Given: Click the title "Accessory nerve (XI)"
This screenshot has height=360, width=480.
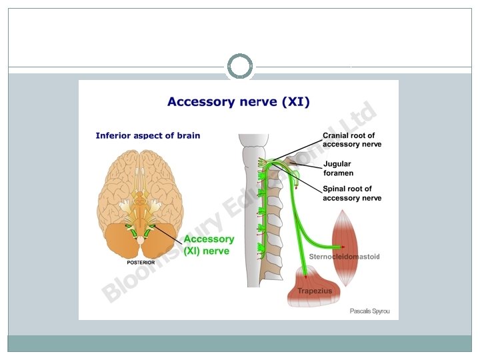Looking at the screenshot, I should tap(238, 102).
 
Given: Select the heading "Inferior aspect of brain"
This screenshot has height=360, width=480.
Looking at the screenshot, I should tap(147, 135).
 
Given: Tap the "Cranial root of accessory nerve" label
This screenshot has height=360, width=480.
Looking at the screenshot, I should tap(351, 140).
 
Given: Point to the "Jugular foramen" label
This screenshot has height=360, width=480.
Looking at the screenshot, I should tap(337, 168).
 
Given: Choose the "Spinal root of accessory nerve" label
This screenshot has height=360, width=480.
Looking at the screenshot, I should tap(351, 193).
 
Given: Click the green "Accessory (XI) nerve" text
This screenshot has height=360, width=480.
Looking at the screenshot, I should tap(209, 245).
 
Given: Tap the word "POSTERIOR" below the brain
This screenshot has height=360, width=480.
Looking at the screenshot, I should tap(141, 263).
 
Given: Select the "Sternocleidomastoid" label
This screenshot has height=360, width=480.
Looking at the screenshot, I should tap(344, 257).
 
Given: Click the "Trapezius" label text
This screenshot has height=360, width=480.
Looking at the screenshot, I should tap(315, 291).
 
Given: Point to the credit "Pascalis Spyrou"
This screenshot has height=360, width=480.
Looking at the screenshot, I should tap(369, 311).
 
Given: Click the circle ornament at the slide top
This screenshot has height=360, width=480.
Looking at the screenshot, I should tap(240, 67).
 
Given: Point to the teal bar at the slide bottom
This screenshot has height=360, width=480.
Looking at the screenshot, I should tap(240, 343).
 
